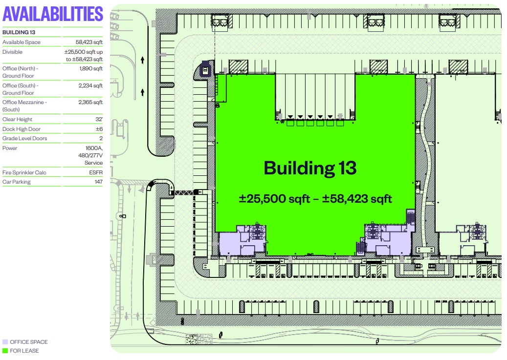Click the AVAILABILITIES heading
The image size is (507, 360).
53,14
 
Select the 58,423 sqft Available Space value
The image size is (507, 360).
89,42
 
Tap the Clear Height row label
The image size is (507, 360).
17,119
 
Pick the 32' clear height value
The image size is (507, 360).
99,119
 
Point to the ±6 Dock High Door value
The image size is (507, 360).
99,129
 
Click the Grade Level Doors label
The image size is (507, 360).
24,138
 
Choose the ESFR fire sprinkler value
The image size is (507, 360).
96,172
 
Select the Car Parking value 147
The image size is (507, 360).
99,182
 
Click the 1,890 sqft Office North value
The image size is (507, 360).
91,68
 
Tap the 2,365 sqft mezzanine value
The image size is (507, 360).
90,102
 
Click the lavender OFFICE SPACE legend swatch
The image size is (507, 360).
5,342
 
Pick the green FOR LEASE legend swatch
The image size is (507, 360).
5,351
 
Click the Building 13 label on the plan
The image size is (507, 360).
310,168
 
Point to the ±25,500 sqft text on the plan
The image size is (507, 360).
274,198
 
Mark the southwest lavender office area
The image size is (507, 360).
242,241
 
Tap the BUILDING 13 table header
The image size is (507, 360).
19,32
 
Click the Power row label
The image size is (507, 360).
10,148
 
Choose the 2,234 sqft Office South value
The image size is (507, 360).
90,85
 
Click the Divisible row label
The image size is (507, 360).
12,52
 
